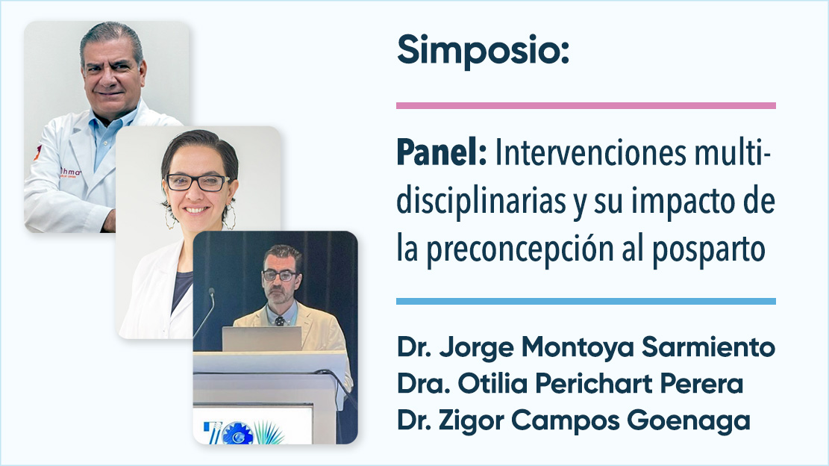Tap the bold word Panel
tap(441, 153)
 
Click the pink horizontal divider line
tap(586, 106)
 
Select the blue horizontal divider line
tap(586, 302)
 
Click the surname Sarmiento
tap(708, 347)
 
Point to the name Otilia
tap(492, 384)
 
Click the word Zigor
tap(472, 421)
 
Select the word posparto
tap(708, 249)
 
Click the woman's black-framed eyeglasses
tap(198, 182)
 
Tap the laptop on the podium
tap(262, 338)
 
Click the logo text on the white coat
tap(70, 173)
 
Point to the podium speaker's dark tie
tap(279, 320)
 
